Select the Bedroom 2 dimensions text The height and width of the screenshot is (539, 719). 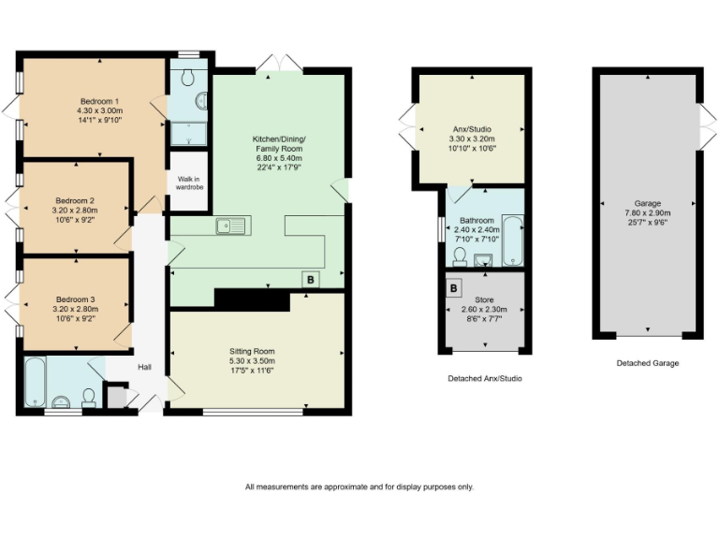tap(75, 215)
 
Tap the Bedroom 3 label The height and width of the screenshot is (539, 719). tap(75, 299)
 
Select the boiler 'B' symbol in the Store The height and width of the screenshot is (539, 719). tap(454, 287)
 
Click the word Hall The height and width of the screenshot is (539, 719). tap(145, 367)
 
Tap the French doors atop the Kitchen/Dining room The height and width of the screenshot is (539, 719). tap(280, 64)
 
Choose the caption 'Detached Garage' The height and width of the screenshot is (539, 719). tap(648, 362)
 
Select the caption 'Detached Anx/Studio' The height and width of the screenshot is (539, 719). tap(485, 378)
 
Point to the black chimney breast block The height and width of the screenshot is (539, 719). tap(251, 299)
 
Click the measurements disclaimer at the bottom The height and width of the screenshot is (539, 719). tap(359, 487)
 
